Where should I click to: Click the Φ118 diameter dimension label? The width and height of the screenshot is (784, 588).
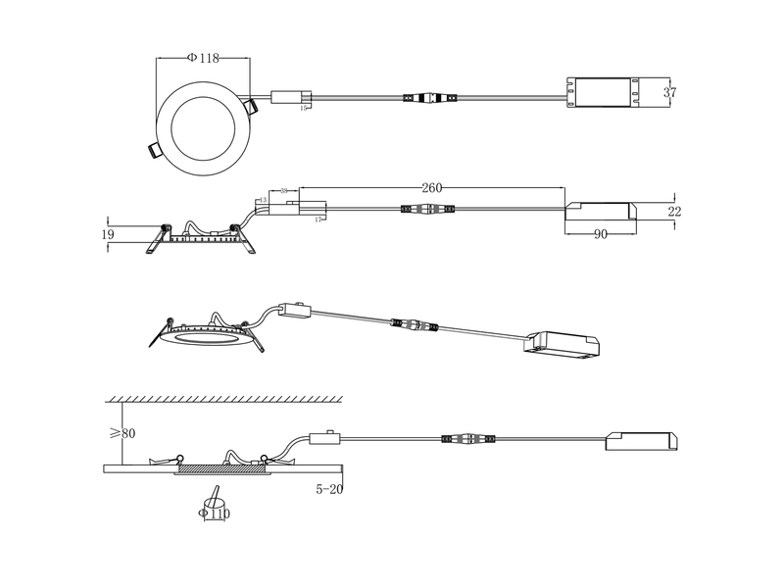(203, 59)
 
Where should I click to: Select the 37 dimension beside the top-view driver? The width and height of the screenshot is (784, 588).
(670, 92)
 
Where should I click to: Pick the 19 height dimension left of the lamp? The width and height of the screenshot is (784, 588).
(108, 234)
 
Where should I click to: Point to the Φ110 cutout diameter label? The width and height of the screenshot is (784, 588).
(215, 513)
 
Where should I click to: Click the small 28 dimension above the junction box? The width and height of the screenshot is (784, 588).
(284, 190)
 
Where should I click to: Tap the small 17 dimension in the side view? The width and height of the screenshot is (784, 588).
(318, 220)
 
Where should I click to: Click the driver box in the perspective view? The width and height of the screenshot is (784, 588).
(564, 343)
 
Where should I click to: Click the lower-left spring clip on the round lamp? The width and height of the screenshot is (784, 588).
(154, 149)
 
